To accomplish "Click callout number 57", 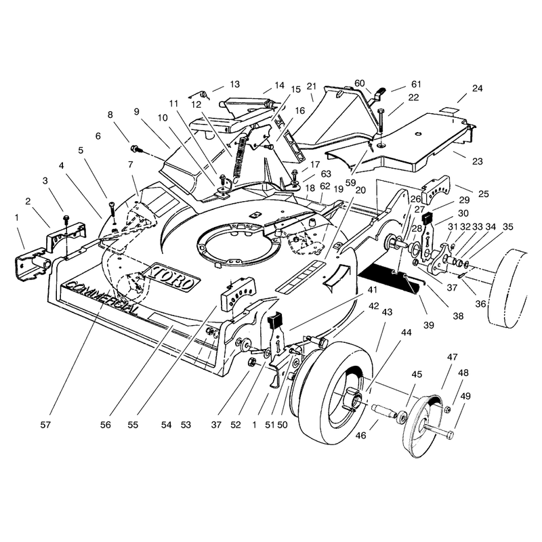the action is click(45, 425).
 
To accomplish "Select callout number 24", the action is click(477, 88).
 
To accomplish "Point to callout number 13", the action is click(234, 84).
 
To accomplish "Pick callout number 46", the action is click(360, 435).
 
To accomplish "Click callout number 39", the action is click(429, 325).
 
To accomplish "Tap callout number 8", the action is click(110, 114).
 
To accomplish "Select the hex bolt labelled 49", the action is click(438, 432).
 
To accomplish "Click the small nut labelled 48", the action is click(446, 409).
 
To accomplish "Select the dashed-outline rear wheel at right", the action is click(507, 289).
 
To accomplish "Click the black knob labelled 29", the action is click(428, 218).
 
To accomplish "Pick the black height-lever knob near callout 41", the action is click(276, 320).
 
